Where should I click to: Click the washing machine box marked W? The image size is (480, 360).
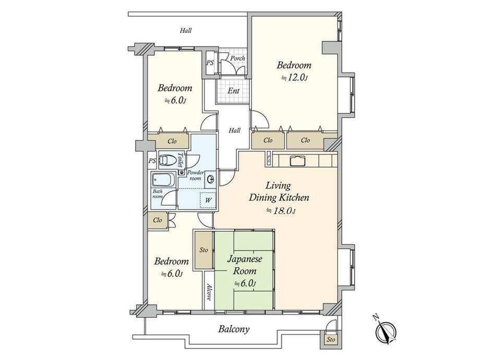(208, 200)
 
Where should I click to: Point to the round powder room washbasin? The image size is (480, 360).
(211, 178)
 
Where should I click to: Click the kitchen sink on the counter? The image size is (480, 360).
(297, 160)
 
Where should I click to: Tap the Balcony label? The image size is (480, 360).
(234, 329)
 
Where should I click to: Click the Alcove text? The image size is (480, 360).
(209, 292)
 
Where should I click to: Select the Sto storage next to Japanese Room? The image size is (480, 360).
(203, 250)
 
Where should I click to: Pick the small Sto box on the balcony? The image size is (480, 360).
(331, 339)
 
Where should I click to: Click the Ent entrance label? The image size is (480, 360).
(234, 91)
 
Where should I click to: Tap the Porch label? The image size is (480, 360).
(237, 58)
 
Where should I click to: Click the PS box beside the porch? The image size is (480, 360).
(210, 63)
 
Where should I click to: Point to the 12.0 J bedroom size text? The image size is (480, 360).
(294, 78)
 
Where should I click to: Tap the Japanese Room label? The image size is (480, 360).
(245, 265)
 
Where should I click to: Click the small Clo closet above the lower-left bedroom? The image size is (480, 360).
(158, 220)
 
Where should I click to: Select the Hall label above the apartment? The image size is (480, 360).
(186, 30)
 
